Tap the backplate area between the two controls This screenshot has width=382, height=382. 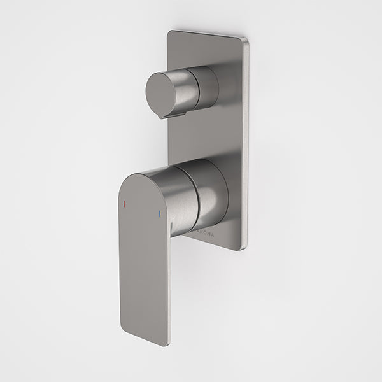coord(210,137)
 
